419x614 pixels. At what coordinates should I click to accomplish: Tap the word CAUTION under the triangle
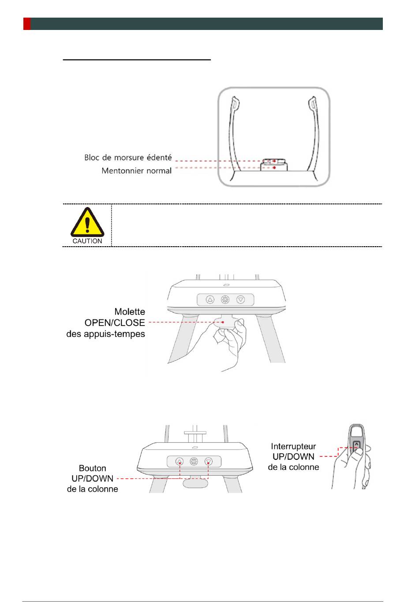[x=87, y=241]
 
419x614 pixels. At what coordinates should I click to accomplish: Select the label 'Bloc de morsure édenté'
[x=128, y=157]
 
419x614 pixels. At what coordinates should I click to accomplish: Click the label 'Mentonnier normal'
[x=136, y=170]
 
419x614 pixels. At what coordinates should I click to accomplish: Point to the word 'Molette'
[x=130, y=312]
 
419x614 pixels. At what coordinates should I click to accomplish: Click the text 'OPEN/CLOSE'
[x=115, y=322]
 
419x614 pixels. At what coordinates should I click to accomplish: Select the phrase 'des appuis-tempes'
[x=106, y=334]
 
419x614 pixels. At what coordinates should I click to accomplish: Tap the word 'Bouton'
[x=93, y=468]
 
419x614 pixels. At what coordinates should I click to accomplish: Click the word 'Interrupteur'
[x=293, y=446]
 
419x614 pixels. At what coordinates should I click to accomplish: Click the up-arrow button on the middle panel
[x=210, y=300]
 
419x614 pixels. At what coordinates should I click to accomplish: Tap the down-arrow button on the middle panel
[x=241, y=300]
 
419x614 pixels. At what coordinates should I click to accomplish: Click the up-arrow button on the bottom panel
[x=180, y=461]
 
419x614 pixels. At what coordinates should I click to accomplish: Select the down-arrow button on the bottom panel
[x=209, y=461]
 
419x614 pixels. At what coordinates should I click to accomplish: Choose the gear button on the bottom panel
[x=194, y=461]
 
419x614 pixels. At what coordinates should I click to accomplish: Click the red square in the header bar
[x=27, y=24]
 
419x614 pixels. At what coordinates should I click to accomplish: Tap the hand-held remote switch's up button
[x=356, y=444]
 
